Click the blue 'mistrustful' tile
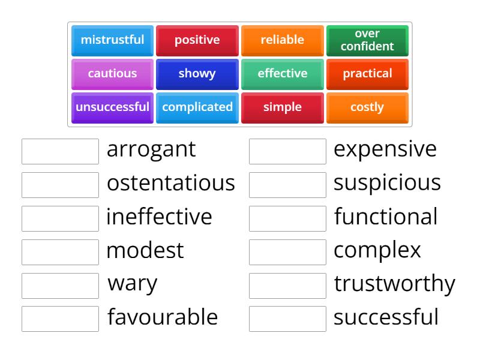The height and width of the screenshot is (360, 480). pos(112,40)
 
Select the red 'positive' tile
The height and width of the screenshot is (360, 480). pos(197,40)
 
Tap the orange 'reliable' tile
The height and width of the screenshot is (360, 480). pos(282,40)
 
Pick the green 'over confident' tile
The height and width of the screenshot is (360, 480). pos(367,40)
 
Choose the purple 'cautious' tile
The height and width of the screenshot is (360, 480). pos(112,74)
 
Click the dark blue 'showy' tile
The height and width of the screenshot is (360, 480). pos(197,74)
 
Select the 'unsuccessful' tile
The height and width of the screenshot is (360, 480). pos(112,107)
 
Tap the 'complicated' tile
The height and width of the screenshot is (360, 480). pos(197,107)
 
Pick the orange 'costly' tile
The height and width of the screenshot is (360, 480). pos(367,107)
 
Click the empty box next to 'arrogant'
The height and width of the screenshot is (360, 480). pos(60,151)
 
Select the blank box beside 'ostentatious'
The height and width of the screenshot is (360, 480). pos(60,185)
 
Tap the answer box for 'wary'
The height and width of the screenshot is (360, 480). pos(60,286)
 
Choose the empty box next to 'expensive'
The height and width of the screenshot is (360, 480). pos(287,151)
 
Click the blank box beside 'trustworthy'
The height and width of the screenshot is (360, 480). pos(287,286)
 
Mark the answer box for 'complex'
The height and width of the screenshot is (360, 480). pos(287,252)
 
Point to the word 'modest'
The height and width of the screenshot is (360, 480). pos(145,250)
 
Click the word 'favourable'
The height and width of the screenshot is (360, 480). pos(163,317)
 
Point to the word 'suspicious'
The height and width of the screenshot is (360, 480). pos(387,183)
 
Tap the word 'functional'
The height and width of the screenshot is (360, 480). pos(386,217)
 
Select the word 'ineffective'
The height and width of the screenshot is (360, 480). pos(159,217)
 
